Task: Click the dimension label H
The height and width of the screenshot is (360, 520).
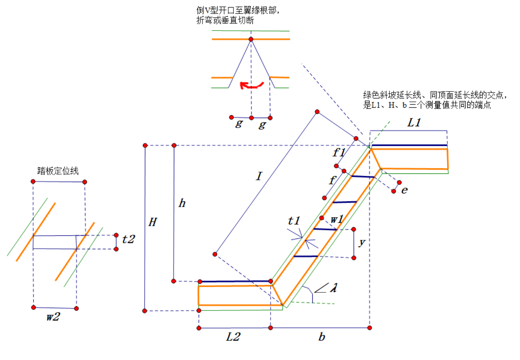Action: pyautogui.click(x=153, y=222)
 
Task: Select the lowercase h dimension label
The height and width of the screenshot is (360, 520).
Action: pyautogui.click(x=182, y=203)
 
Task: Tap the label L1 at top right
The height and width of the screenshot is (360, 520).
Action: pyautogui.click(x=414, y=123)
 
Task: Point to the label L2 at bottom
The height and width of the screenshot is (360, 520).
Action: pyautogui.click(x=233, y=337)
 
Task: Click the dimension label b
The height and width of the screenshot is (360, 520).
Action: pyautogui.click(x=322, y=337)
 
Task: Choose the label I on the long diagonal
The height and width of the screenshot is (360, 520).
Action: pyautogui.click(x=259, y=176)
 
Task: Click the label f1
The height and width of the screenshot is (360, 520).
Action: pyautogui.click(x=339, y=152)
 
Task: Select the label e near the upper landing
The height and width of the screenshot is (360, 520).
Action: pyautogui.click(x=404, y=190)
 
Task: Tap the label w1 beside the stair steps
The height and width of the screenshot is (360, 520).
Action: pyautogui.click(x=336, y=219)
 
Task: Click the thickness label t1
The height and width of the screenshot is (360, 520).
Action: pyautogui.click(x=294, y=221)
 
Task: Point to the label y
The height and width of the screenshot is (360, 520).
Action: pyautogui.click(x=361, y=242)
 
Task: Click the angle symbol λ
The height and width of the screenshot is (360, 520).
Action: pyautogui.click(x=333, y=288)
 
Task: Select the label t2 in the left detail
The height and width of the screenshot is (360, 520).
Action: pyautogui.click(x=128, y=239)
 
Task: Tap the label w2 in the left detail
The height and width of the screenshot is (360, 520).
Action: pyautogui.click(x=53, y=316)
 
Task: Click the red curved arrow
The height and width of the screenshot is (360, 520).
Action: pyautogui.click(x=251, y=85)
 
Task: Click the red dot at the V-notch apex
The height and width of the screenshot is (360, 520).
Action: pyautogui.click(x=251, y=39)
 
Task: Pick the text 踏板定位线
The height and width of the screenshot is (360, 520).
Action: pyautogui.click(x=58, y=171)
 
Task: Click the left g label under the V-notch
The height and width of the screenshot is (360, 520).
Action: pyautogui.click(x=239, y=123)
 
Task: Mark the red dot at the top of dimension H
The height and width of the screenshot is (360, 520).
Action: pyautogui.click(x=145, y=146)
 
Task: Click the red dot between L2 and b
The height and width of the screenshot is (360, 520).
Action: pyautogui.click(x=271, y=328)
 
